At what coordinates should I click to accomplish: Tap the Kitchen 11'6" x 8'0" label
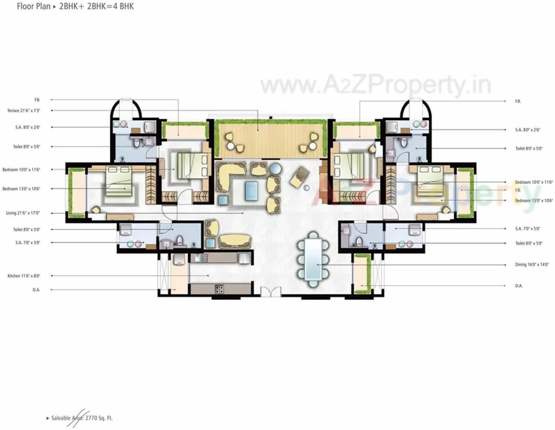[x=24, y=275]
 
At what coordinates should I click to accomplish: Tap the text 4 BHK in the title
[x=123, y=7]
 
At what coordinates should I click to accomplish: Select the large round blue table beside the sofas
[x=275, y=168]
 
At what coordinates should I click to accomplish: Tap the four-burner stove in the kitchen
[x=219, y=289]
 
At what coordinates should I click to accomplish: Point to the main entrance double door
[x=271, y=293]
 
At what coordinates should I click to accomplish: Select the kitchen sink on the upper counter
[x=197, y=257]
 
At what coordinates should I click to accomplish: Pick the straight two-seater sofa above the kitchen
[x=235, y=240]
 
